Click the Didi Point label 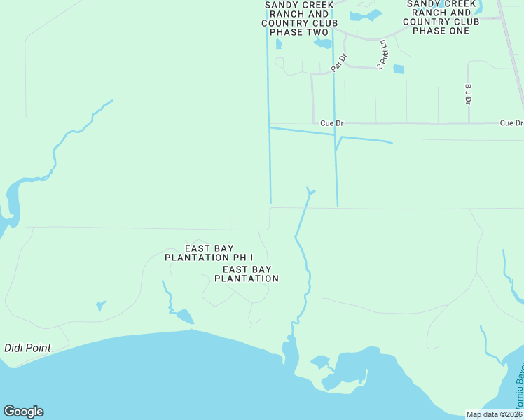coord(27,348)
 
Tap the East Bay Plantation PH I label coord(209,253)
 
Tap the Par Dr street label coord(339,62)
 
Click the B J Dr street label coord(467,94)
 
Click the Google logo coord(23,412)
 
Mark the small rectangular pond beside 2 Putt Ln coord(399,69)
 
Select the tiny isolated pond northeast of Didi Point coord(101,305)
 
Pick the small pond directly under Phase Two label coord(279,43)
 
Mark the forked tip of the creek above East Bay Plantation coord(310,190)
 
